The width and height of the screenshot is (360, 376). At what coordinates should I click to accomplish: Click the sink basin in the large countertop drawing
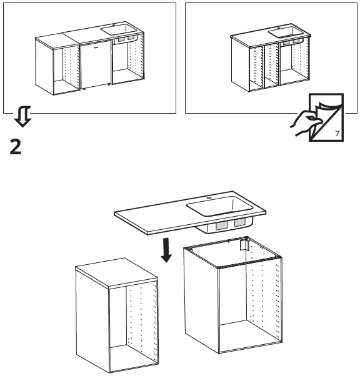pos(216,205)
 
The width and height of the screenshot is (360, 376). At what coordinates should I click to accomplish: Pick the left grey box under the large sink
pos(221,227)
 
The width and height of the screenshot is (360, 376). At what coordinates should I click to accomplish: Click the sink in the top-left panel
pos(118,29)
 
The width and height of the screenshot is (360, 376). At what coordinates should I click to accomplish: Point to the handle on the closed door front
pos(95,47)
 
